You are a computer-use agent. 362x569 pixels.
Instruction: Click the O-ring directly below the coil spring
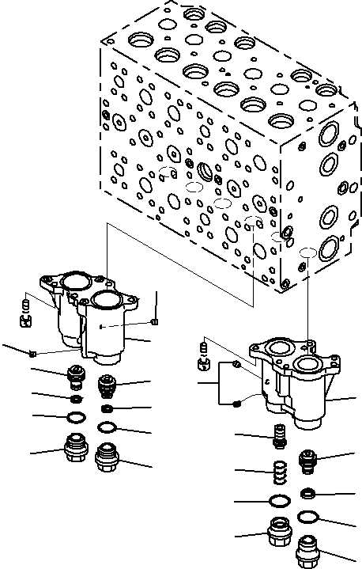coord(278,501)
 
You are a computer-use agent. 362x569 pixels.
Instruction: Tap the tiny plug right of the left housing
coord(156,321)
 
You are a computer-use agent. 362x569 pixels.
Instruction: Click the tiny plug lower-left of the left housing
coord(32,353)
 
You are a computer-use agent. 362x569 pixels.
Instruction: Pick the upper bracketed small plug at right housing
coord(236,364)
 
